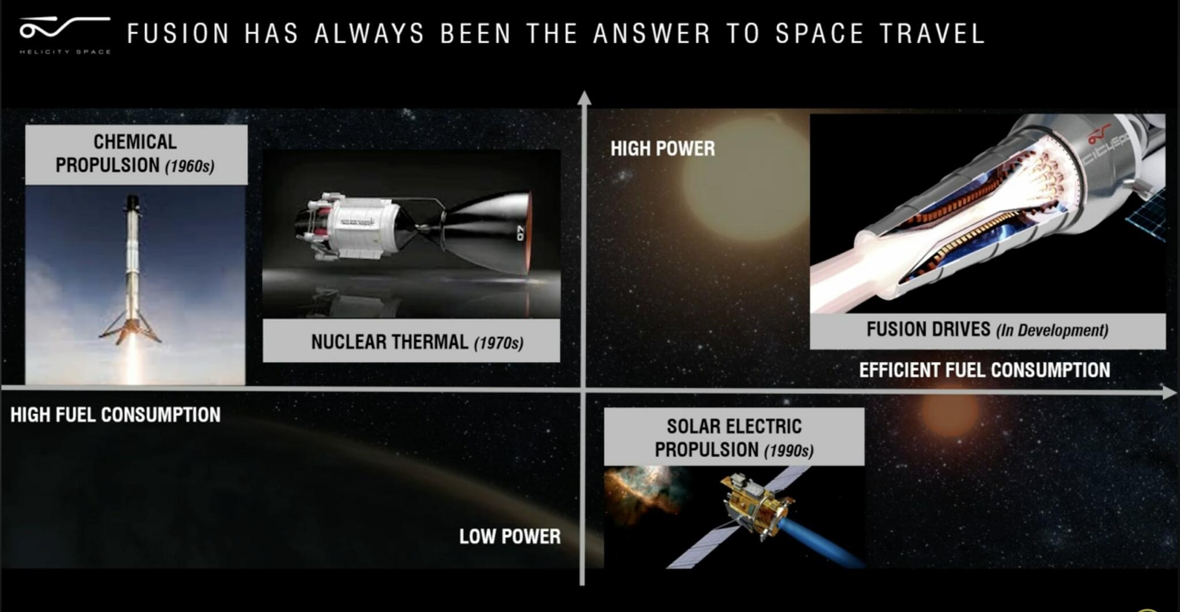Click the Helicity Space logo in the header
63,33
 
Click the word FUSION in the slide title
178,33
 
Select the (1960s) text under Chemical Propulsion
190,167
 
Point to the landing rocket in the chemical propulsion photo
132,271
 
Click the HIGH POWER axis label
663,149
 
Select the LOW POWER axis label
509,537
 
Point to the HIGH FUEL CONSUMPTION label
115,415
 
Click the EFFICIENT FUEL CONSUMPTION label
984,370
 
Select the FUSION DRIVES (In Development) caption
987,330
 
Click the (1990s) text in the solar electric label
789,450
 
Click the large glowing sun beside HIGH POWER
743,178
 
